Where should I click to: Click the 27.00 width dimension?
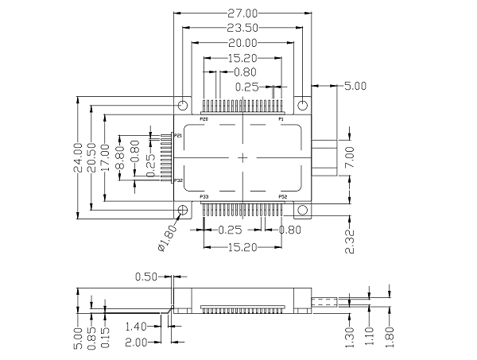point(242,14)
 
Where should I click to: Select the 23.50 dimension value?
point(242,28)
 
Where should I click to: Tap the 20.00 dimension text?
point(242,43)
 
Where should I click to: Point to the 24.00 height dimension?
point(78,157)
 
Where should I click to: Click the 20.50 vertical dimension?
point(91,157)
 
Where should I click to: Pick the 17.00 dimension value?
point(105,157)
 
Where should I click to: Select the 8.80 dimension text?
point(120,157)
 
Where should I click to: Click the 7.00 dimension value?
point(350,157)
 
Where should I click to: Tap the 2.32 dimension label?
point(350,242)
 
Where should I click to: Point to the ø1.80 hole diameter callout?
point(168,238)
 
